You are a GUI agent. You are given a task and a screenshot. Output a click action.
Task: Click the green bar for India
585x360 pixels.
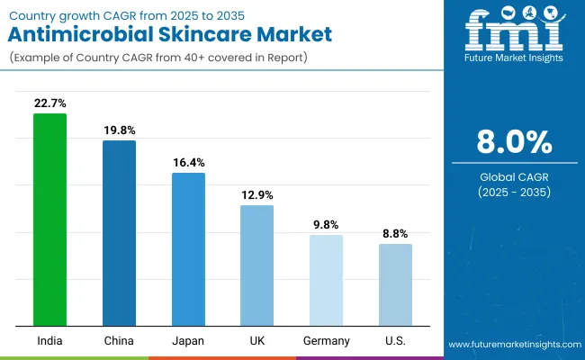50,220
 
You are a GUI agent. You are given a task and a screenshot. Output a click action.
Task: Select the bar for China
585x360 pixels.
119,233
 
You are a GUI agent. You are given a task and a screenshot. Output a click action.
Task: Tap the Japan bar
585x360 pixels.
188,249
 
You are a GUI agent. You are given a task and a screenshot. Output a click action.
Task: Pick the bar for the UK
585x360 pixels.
256,265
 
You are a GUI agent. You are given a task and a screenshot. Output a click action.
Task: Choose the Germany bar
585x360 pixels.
326,280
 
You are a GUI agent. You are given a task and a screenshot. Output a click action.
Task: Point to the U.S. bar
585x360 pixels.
395,284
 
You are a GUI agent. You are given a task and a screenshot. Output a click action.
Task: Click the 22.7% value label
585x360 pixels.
50,104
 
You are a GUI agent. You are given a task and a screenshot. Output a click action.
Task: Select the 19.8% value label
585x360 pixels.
119,131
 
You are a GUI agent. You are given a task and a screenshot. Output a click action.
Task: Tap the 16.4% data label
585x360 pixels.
188,163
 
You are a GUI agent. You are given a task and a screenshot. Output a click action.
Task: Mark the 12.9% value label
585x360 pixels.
256,195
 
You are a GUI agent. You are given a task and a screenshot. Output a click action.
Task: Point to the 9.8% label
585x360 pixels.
326,225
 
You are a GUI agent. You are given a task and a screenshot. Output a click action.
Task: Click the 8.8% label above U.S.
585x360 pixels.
395,234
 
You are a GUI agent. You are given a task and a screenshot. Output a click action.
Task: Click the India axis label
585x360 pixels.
50,341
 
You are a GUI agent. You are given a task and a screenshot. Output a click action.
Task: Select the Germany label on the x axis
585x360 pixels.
326,341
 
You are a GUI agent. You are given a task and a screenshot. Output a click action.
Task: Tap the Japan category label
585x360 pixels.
188,341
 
